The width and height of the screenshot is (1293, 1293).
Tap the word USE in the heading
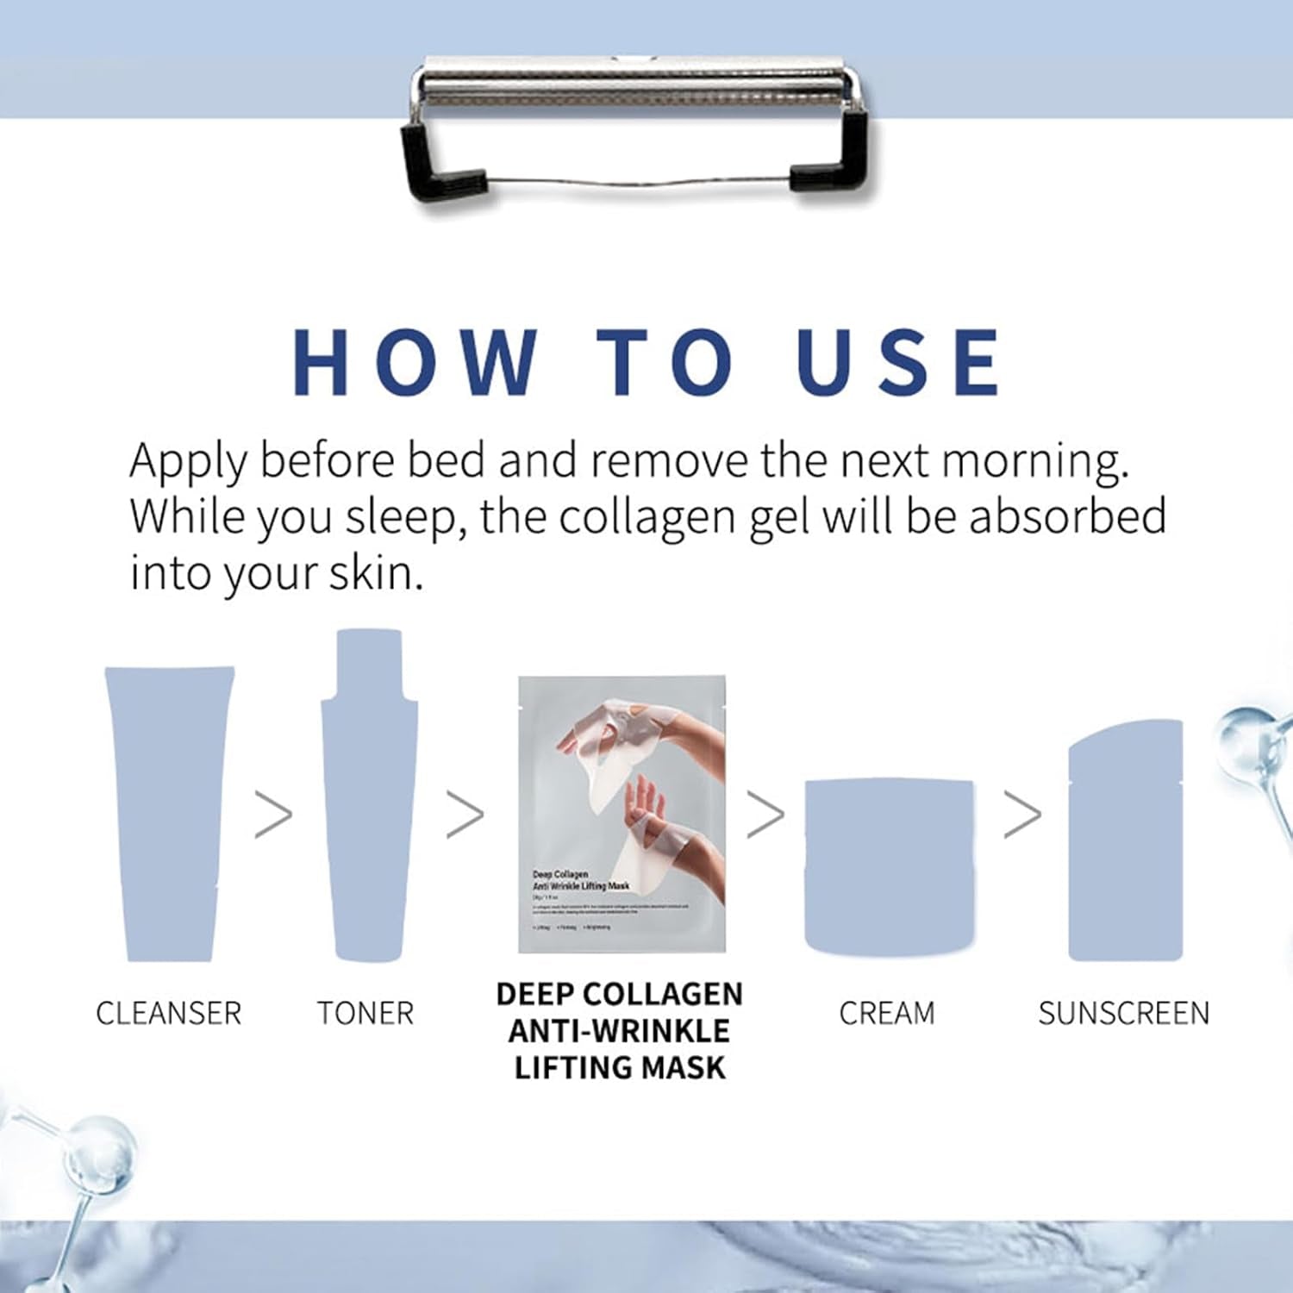pos(898,362)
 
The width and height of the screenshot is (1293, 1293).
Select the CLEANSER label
pos(169,1014)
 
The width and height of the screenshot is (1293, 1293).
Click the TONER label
pos(365,1014)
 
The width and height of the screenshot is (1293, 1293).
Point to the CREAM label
pos(887,1014)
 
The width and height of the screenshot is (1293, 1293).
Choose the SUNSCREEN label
pos(1124,1014)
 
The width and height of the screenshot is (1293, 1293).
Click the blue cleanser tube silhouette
pos(169,810)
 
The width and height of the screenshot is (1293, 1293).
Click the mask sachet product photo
pos(622,814)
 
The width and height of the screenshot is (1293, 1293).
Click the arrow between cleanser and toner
pos(274,815)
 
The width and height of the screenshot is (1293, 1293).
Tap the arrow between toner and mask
pos(465,815)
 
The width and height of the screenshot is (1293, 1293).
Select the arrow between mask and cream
pos(765,815)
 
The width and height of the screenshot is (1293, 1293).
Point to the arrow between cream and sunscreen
pos(1022,815)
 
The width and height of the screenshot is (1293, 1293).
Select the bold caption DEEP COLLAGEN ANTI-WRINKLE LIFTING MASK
pos(620,1031)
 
